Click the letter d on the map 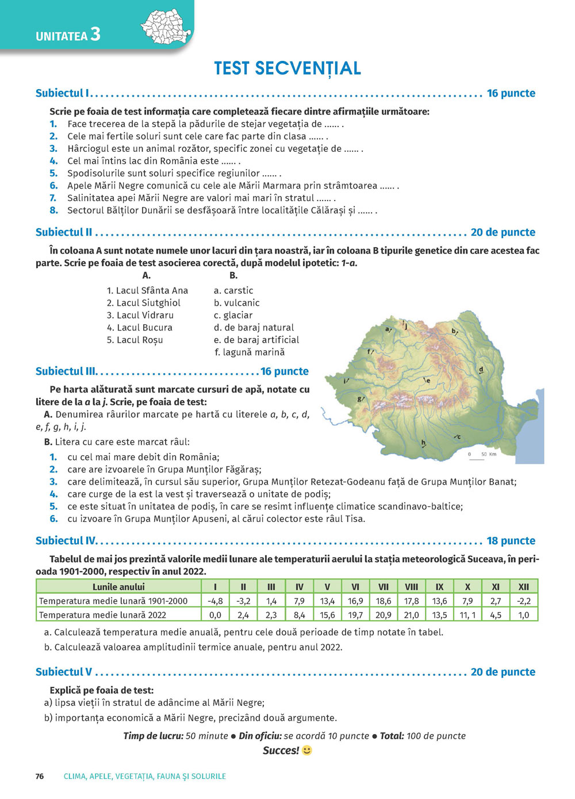[481, 370]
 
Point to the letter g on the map [360, 398]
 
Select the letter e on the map [427, 381]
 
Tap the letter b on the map [454, 331]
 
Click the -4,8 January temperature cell [215, 601]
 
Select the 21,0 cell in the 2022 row [411, 614]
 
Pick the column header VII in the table [383, 587]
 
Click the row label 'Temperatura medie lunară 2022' [102, 614]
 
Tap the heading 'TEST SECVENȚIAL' [287, 68]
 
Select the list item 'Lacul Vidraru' [140, 315]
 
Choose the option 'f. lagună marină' [250, 352]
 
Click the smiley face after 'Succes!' [307, 750]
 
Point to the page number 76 [40, 776]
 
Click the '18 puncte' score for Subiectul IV [511, 541]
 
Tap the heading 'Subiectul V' [64, 672]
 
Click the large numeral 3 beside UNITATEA [95, 34]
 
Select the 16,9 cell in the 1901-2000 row [355, 601]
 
